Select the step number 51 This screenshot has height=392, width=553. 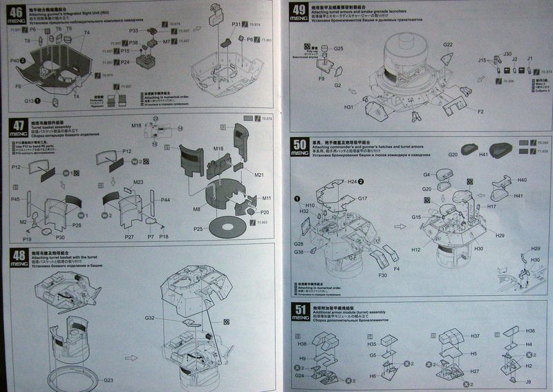pyautogui.click(x=301, y=309)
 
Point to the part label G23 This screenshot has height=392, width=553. pyautogui.click(x=109, y=380)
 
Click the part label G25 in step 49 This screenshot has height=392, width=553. pyautogui.click(x=339, y=49)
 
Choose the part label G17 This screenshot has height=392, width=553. pyautogui.click(x=362, y=198)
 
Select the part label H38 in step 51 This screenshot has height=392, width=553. pyautogui.click(x=302, y=344)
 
